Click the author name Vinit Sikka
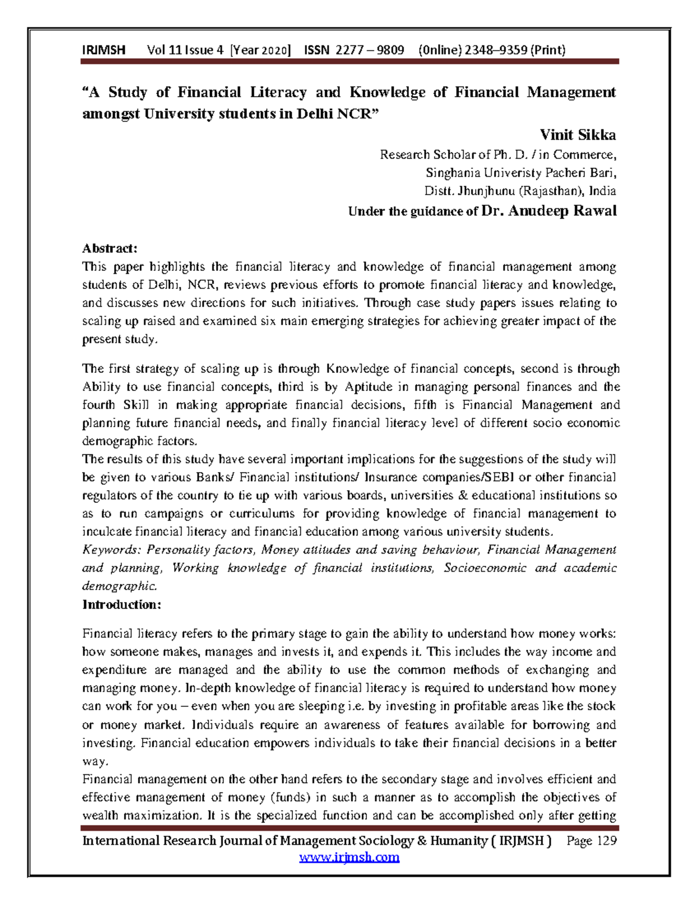[x=577, y=135]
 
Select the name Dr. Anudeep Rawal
[x=548, y=211]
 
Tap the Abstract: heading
[x=110, y=248]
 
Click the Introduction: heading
[x=121, y=604]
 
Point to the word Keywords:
[x=112, y=550]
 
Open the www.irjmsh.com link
[x=349, y=857]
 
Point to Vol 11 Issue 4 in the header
[x=185, y=50]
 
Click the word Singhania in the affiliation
[x=451, y=172]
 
